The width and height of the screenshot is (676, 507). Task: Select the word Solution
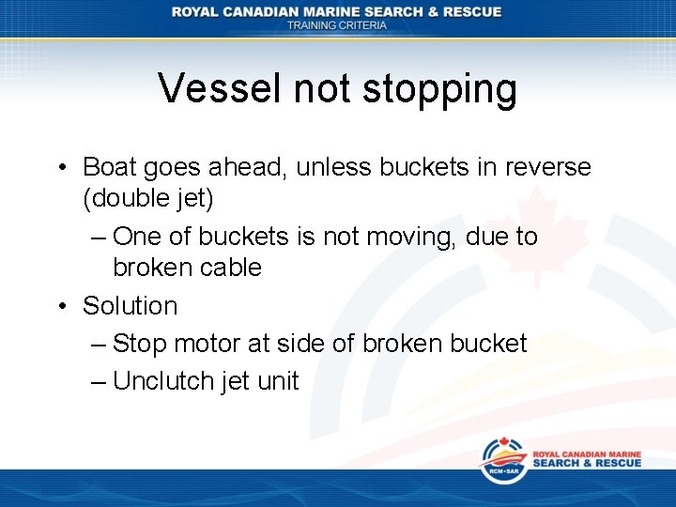pos(130,306)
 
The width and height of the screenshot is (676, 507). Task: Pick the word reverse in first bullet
pos(545,167)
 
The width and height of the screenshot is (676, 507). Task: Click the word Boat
pos(109,167)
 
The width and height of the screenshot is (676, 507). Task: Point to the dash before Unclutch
pos(100,382)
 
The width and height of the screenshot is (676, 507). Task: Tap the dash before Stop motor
pos(100,345)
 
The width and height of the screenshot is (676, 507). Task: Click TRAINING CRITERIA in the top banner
pos(336,25)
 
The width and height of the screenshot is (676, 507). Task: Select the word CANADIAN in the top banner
pos(282,11)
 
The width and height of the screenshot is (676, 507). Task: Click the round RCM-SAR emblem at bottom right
pos(502,459)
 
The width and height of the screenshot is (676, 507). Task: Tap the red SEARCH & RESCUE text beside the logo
pos(587,464)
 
